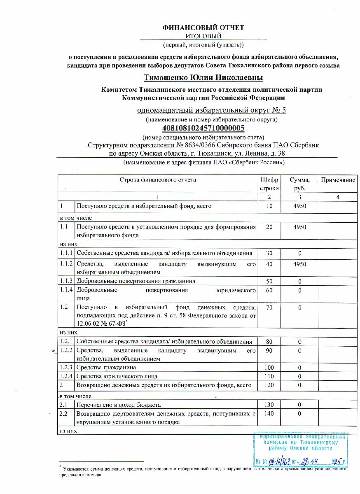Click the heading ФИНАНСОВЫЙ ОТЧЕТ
[203, 28]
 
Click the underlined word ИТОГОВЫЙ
[203, 36]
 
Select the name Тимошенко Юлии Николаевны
[203, 78]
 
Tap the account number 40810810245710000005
[203, 128]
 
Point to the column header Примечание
[338, 180]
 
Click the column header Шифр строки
[269, 184]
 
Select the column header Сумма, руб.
[299, 184]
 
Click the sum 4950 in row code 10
[299, 206]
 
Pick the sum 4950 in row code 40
[299, 264]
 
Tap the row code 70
[269, 307]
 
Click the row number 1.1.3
[66, 281]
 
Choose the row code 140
[269, 414]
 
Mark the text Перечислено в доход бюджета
[119, 405]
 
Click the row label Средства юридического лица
[117, 376]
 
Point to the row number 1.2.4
[66, 376]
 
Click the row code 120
[269, 385]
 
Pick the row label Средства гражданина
[106, 367]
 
